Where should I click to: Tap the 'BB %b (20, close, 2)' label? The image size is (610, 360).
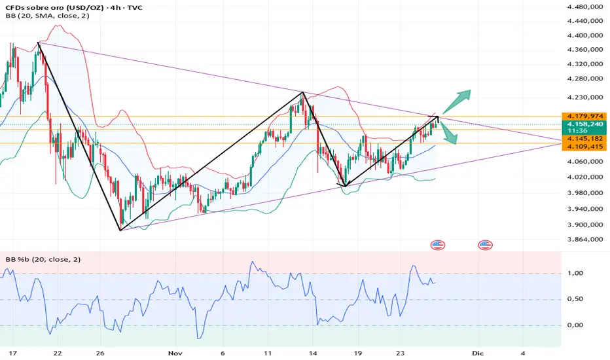(x=41, y=259)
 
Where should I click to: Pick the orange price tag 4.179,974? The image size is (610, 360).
(x=584, y=116)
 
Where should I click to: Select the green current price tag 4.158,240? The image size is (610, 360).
(x=584, y=124)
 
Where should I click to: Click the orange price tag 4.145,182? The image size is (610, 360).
(x=584, y=139)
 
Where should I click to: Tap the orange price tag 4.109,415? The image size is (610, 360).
(x=584, y=147)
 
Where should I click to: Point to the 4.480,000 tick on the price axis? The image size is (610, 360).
(x=584, y=8)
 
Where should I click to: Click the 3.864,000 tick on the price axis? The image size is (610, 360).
(x=584, y=240)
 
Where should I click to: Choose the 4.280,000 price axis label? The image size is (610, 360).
(x=584, y=79)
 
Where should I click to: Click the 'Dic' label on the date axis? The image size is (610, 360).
(x=476, y=352)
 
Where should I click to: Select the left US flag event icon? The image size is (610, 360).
(x=438, y=245)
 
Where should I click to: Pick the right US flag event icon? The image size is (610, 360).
(x=485, y=245)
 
